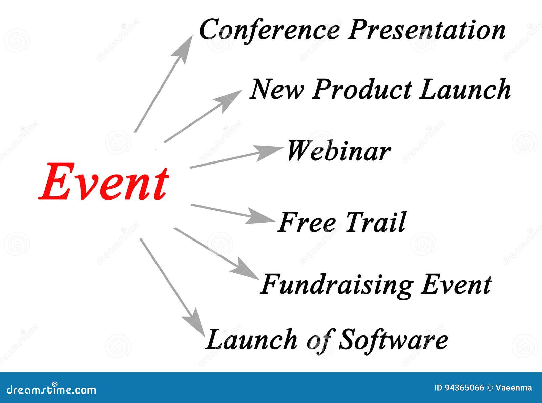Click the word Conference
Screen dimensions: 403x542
click(269, 30)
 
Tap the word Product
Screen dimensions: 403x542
click(361, 90)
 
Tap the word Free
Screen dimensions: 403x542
click(307, 222)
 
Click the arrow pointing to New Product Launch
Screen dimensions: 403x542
click(203, 116)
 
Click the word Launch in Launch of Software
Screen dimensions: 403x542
click(251, 340)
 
